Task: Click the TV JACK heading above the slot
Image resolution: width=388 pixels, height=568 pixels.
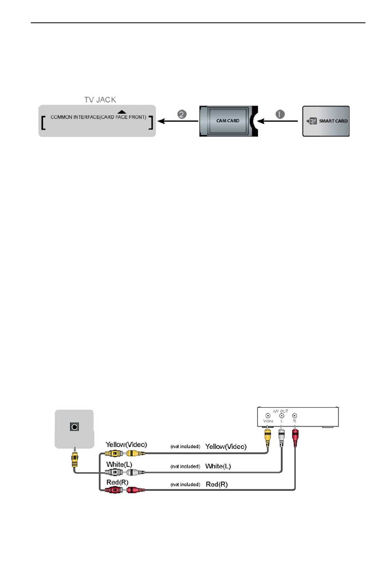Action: [x=100, y=100]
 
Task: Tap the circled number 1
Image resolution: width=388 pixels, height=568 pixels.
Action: [x=280, y=114]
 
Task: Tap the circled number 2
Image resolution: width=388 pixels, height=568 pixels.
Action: [x=182, y=114]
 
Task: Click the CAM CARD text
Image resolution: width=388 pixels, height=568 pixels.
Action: [x=227, y=121]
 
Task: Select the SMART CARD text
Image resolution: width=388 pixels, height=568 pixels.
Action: [x=333, y=121]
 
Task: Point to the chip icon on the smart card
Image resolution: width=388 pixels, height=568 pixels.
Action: [x=312, y=121]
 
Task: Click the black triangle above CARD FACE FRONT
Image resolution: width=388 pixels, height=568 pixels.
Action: [x=122, y=112]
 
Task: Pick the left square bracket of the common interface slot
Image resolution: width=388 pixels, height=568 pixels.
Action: [x=43, y=123]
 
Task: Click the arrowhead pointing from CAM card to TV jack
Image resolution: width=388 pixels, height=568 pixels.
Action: [x=161, y=121]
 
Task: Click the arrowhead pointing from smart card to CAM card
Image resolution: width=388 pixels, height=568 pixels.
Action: [x=261, y=121]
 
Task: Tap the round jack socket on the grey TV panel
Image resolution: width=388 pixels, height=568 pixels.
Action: [x=74, y=427]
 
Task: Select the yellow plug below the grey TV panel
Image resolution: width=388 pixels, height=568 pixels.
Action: [x=74, y=459]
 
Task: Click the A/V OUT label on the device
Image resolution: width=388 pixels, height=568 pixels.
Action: [x=280, y=411]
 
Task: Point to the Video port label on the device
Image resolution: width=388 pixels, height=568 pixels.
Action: [x=268, y=421]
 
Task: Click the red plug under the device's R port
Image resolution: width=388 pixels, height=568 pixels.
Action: [x=295, y=437]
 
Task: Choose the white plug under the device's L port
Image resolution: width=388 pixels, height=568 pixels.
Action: [x=281, y=437]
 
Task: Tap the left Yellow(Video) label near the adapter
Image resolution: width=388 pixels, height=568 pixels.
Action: [x=126, y=445]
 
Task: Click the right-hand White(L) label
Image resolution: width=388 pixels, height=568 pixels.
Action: [x=218, y=466]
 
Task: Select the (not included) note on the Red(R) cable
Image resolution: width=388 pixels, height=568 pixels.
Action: [x=185, y=485]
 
